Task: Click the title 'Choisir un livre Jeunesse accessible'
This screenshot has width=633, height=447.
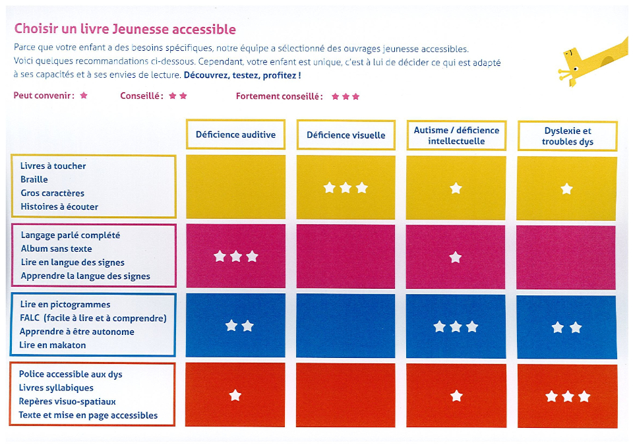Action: (x=125, y=29)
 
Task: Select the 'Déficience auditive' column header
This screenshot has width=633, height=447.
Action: (x=235, y=134)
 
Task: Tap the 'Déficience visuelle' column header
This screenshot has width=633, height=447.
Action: (x=346, y=135)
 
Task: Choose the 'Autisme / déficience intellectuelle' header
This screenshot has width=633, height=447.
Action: (x=456, y=136)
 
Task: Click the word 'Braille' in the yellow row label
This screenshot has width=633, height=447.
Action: (x=34, y=179)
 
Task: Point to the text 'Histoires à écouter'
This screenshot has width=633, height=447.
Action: (x=59, y=206)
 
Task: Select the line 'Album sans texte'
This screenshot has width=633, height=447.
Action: (x=56, y=249)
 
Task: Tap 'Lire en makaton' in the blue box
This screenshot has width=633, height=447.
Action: (x=53, y=345)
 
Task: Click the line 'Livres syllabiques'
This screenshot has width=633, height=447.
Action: (x=56, y=388)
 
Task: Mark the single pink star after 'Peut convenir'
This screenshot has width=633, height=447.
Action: (x=84, y=96)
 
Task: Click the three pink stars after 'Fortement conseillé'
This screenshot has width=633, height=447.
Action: (x=346, y=96)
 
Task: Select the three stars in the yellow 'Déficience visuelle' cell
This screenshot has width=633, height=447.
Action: (x=346, y=188)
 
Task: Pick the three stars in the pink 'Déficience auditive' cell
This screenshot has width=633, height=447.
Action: (x=235, y=256)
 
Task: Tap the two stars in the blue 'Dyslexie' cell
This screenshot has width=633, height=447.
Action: (x=567, y=327)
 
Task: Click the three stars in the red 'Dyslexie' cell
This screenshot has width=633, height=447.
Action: (x=567, y=396)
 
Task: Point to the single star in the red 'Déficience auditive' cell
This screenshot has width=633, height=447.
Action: (x=235, y=396)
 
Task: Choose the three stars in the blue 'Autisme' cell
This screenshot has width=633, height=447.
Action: (x=456, y=326)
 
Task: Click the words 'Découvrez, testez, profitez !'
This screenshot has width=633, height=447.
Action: (x=242, y=75)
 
